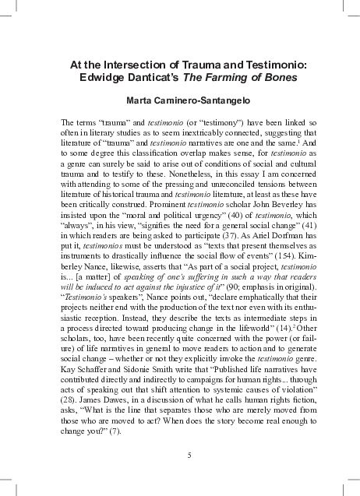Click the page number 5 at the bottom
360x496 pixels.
coord(180,455)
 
